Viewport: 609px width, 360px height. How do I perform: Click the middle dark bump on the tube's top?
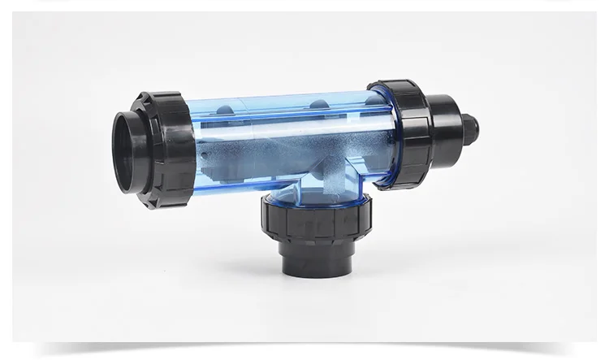point(317,103)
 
